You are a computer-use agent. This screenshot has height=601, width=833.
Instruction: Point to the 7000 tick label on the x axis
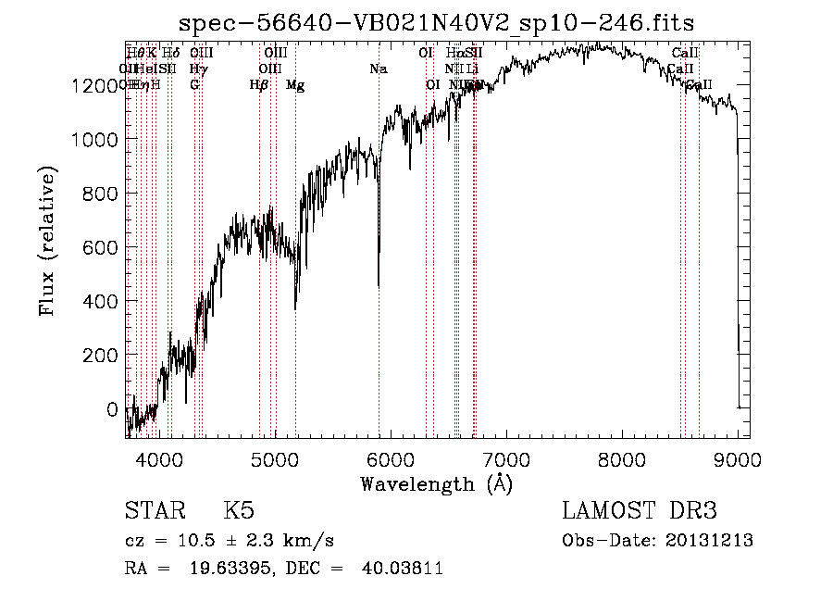(504, 459)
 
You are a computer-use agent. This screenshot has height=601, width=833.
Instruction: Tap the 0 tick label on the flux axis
(112, 408)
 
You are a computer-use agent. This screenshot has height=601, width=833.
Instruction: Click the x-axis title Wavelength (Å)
(436, 483)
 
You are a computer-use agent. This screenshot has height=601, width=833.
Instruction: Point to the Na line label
(378, 69)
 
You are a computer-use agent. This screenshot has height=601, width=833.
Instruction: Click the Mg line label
(295, 85)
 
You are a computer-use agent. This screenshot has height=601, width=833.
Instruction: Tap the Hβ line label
(259, 85)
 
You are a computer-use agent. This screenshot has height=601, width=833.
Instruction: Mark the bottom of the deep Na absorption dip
(378, 286)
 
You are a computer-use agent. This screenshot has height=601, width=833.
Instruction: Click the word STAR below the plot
(154, 511)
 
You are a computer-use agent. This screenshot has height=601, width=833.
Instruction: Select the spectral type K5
(238, 511)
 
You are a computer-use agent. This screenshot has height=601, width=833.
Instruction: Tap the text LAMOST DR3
(640, 511)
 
